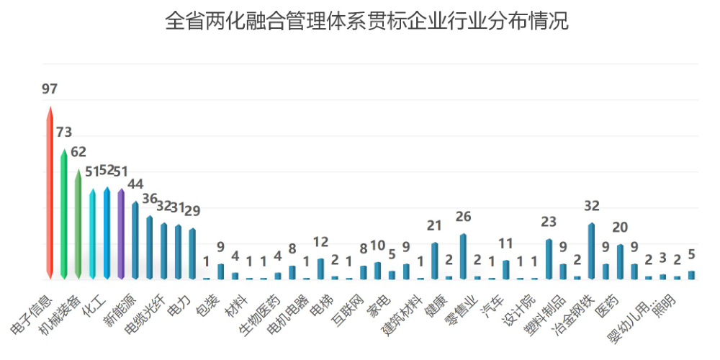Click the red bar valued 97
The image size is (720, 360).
click(x=50, y=194)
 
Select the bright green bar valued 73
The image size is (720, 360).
click(x=64, y=216)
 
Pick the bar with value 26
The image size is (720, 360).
click(x=463, y=257)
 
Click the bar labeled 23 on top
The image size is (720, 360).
click(x=549, y=259)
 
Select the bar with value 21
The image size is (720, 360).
click(x=434, y=261)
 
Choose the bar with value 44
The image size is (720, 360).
click(x=135, y=241)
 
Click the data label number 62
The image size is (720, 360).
click(x=78, y=153)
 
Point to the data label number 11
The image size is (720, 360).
click(x=506, y=243)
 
